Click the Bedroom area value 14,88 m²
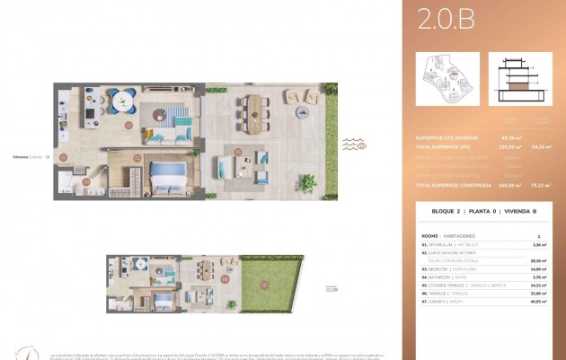click(x=539, y=268)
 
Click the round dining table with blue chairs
click(x=122, y=98)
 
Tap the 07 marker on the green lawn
click(x=264, y=285)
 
